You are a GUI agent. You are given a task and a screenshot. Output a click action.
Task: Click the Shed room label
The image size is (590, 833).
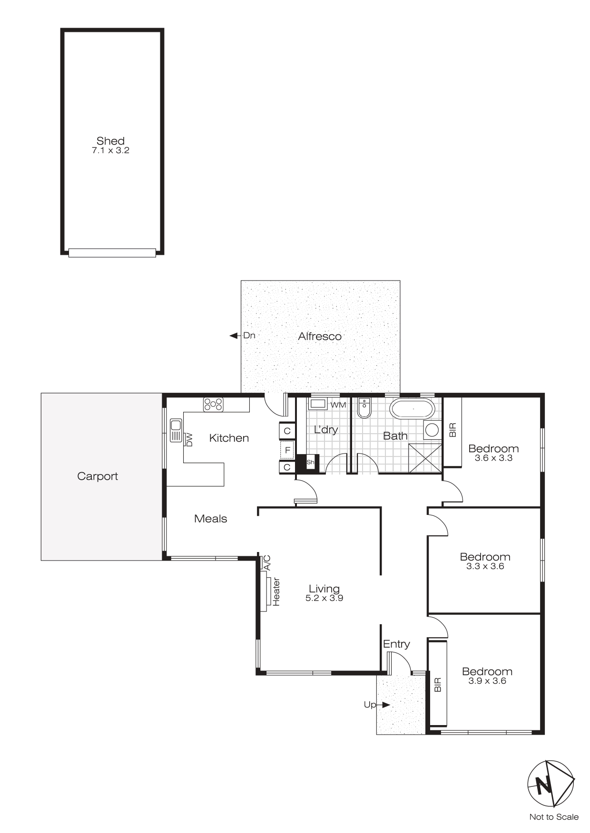pos(110,141)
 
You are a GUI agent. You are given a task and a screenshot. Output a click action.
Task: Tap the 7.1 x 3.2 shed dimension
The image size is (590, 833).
pos(110,151)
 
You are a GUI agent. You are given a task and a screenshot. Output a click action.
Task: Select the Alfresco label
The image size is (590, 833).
pos(320,337)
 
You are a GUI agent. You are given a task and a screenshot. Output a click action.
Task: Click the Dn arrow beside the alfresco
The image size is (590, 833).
pos(234,336)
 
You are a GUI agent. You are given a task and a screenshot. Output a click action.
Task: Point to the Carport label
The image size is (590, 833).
pos(98,476)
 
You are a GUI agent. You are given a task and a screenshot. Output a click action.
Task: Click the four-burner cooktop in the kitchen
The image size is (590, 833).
pos(213,405)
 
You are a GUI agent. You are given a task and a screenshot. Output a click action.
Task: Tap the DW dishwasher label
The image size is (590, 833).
pos(189,439)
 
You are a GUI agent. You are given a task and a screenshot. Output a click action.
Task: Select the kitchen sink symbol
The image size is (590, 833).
pos(176,430)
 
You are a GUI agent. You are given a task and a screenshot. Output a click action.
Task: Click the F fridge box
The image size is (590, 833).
pos(287,450)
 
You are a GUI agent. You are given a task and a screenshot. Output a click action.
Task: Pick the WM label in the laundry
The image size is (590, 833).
pos(338,405)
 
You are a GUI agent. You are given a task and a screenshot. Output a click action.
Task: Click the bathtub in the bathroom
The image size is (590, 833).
pos(412,408)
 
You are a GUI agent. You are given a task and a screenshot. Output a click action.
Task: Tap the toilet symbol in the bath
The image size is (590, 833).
pos(364,408)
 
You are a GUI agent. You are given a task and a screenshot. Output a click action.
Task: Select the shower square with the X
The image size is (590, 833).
pos(425,458)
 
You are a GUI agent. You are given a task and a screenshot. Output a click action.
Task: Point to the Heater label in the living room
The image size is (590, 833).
pos(276,591)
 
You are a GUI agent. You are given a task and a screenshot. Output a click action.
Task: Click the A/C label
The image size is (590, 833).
pos(267,562)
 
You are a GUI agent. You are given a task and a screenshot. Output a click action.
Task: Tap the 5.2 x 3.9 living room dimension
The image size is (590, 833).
pos(324,598)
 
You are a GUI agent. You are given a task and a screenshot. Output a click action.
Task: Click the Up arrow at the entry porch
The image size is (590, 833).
pos(385,705)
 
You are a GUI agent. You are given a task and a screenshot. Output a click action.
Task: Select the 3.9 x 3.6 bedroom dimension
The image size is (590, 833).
pos(487,681)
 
